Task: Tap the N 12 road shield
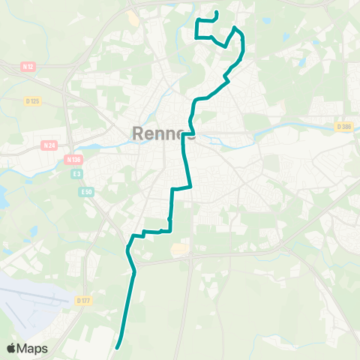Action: coord(28,67)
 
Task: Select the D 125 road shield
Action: coord(32,101)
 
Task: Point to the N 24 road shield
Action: coord(50,145)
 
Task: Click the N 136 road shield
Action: coord(73,159)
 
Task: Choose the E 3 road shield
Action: coord(76,174)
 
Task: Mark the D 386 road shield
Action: coord(344,127)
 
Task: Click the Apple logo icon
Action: coord(13,348)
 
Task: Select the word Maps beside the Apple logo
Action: coord(34,348)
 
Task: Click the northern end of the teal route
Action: coord(216,12)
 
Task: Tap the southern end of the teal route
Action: coord(118,346)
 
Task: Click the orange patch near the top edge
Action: coord(133,16)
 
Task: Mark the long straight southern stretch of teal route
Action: coord(127,307)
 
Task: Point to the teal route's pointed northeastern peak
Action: coord(235,28)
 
